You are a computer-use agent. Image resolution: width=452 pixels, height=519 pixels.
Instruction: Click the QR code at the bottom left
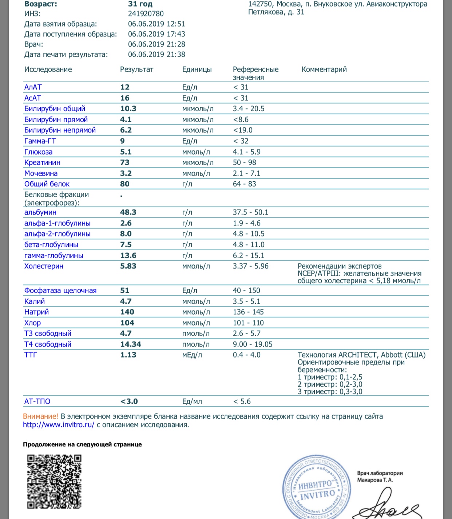[x=54, y=481]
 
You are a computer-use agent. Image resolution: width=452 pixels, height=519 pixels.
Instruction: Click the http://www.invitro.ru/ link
[x=59, y=425]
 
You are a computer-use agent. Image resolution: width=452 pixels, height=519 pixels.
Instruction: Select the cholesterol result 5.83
[x=128, y=266]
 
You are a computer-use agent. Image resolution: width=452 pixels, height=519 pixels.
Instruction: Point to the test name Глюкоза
[x=38, y=152]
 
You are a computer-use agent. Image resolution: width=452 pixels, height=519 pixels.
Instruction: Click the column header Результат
[x=136, y=69]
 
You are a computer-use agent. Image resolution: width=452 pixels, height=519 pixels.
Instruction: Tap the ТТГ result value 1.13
[x=128, y=355]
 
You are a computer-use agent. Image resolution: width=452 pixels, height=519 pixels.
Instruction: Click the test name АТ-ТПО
[x=37, y=402]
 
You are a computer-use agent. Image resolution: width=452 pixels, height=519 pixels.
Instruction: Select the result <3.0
[x=129, y=402]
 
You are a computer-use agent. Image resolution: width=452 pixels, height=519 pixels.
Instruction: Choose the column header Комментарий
[x=324, y=69]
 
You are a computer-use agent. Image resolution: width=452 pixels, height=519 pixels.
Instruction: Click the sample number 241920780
[x=146, y=14]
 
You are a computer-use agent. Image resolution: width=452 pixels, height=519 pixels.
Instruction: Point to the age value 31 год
[x=140, y=4]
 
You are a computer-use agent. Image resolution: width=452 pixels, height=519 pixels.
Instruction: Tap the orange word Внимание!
[x=40, y=416]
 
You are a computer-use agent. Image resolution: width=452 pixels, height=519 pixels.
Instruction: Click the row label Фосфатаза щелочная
[x=60, y=291]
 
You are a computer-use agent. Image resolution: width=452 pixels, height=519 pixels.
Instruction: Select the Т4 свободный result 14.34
[x=131, y=344]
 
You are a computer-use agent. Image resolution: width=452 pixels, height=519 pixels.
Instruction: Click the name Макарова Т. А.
[x=375, y=480]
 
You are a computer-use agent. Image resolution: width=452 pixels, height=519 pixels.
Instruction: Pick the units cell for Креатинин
[x=198, y=163]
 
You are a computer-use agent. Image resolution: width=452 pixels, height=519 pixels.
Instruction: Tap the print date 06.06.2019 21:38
[x=156, y=55]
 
